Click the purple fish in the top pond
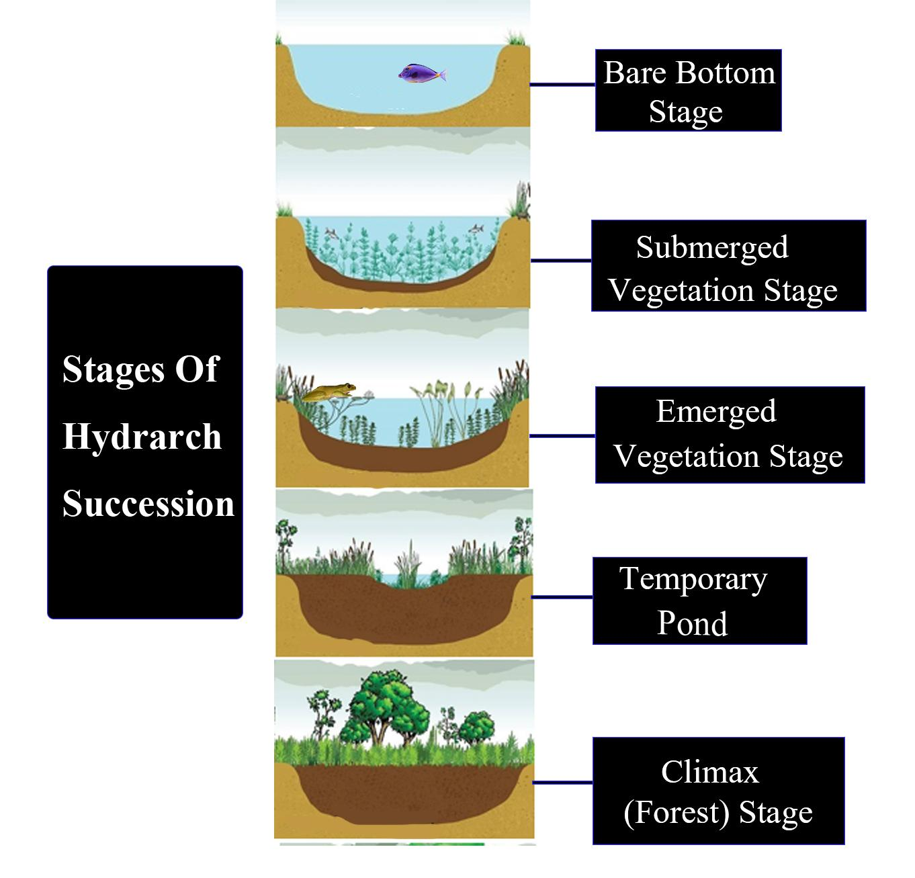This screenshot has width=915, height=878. (x=421, y=73)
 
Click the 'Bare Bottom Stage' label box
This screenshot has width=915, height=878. (x=688, y=90)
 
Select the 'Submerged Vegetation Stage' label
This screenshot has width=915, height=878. (x=728, y=266)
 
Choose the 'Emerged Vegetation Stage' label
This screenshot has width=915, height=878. (x=730, y=435)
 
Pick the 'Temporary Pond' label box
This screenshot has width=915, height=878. (x=699, y=601)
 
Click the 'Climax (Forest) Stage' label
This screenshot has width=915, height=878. (x=718, y=791)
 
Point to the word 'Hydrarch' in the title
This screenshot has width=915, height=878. (x=142, y=436)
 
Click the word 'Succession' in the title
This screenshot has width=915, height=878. (x=148, y=503)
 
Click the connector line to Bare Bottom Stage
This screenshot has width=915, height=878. (x=562, y=85)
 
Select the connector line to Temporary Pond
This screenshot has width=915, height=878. (x=562, y=597)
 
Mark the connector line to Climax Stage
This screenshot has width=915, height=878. (x=562, y=783)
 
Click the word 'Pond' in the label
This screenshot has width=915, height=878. (x=692, y=623)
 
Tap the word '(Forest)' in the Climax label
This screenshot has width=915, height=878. (x=677, y=812)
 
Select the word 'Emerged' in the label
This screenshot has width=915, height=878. (x=716, y=411)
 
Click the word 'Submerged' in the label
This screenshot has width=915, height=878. (x=712, y=247)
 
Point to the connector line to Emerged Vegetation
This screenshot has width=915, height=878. (x=562, y=436)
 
